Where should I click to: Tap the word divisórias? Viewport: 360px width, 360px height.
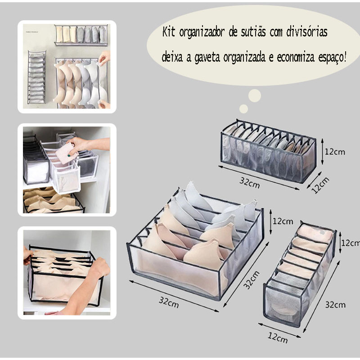click(x=306, y=32)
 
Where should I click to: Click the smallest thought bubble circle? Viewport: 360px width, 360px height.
click(x=243, y=108)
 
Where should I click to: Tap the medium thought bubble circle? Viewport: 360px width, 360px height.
click(x=255, y=95)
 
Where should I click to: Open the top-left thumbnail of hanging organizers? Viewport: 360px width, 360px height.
click(x=67, y=67)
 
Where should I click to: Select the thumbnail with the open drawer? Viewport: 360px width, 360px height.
click(x=67, y=170)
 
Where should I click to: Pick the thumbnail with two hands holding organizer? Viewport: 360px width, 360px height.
click(x=67, y=273)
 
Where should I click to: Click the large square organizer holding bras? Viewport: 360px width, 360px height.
click(x=196, y=243)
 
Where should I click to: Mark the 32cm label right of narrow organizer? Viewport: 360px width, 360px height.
click(x=335, y=305)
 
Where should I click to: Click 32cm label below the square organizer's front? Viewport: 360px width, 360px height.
click(x=168, y=301)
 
